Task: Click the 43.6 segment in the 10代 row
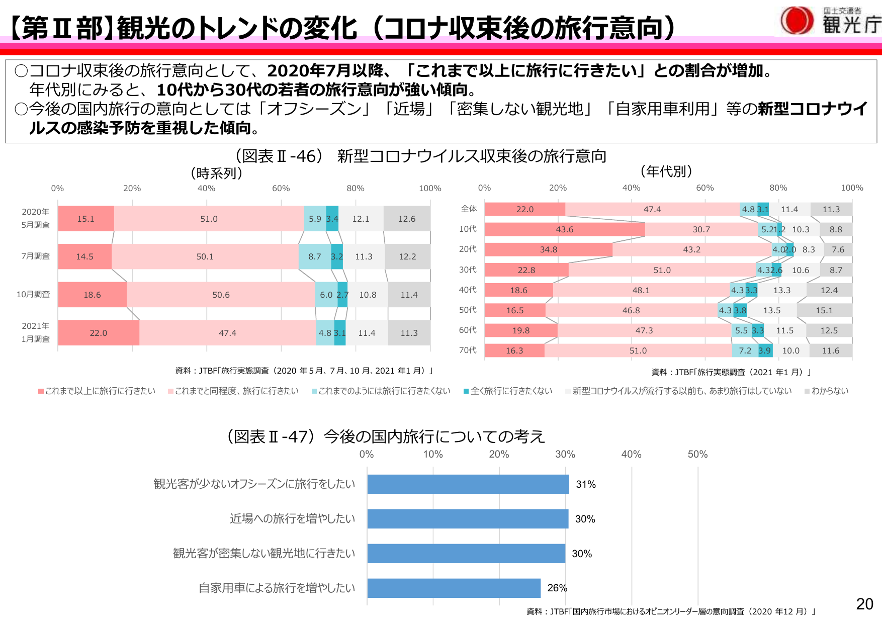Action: pos(564,229)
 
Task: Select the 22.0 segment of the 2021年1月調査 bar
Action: pos(99,333)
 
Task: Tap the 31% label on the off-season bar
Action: pos(585,484)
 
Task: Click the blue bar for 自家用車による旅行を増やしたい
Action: pos(454,588)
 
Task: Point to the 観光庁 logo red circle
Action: pos(797,21)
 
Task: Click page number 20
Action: pos(864,604)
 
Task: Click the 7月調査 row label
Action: pos(35,256)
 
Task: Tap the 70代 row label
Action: pos(468,350)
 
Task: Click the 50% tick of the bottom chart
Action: pos(697,454)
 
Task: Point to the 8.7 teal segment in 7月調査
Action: pos(315,256)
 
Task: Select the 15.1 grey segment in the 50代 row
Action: pos(824,310)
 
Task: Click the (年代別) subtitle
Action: pos(666,171)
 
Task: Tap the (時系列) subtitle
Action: pos(216,173)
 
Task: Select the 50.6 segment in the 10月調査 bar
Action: pos(221,295)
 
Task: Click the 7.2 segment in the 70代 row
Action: pos(745,350)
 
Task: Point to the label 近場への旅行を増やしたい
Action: pos(292,518)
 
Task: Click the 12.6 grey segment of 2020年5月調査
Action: pos(406,219)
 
